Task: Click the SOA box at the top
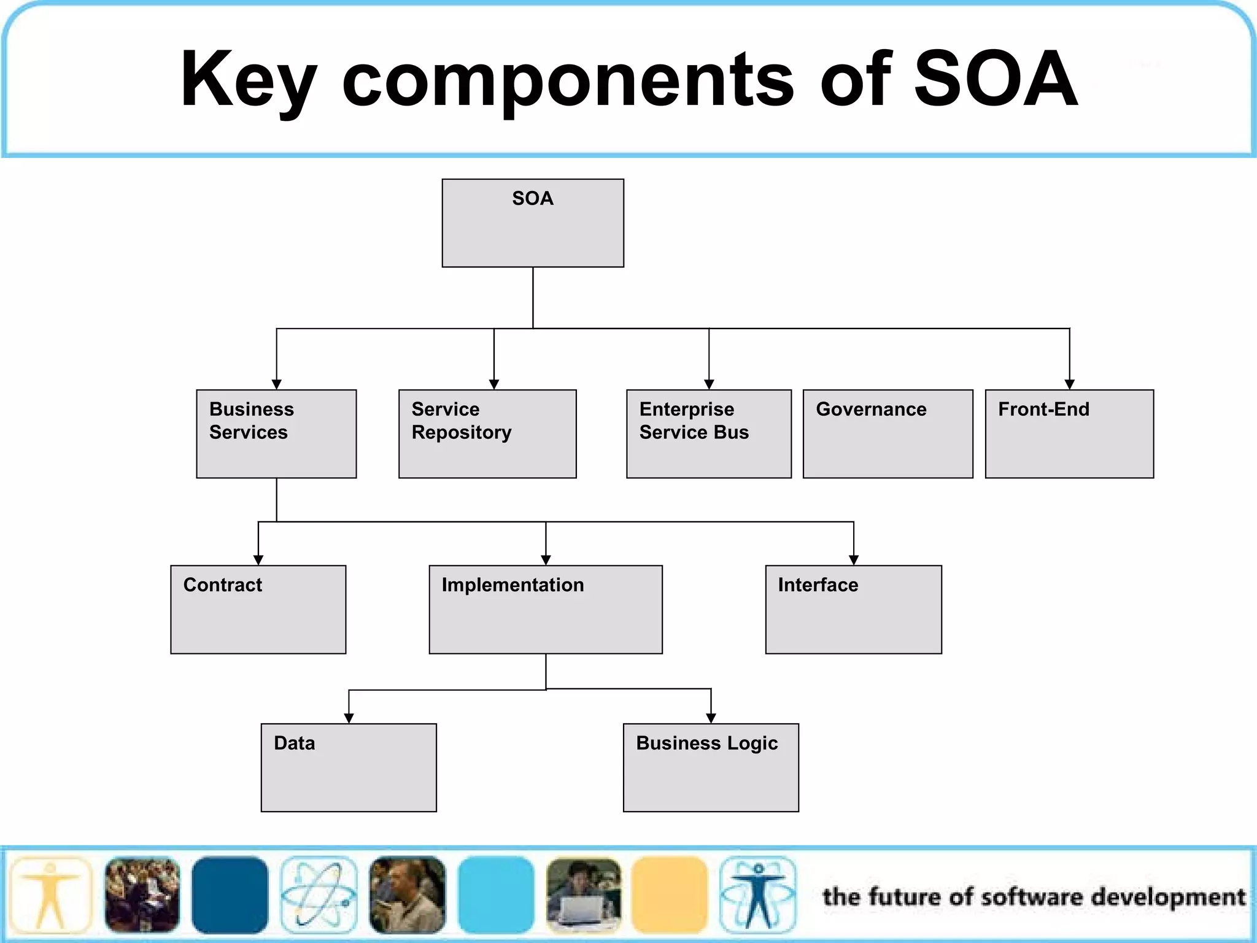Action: [533, 223]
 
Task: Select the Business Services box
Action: [276, 433]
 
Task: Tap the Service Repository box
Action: [487, 433]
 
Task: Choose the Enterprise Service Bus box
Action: [708, 433]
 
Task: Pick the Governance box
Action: [888, 433]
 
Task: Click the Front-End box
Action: [1069, 433]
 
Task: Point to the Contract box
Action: [258, 609]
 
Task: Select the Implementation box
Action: [546, 609]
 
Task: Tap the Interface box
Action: [853, 609]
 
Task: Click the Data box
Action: [349, 767]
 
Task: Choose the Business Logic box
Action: [711, 767]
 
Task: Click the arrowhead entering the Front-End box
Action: [1069, 384]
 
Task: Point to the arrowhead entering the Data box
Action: [349, 718]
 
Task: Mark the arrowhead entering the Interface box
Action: [853, 560]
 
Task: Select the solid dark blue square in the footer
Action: [230, 894]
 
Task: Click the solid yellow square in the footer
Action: [670, 894]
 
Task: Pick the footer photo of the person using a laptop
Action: [583, 894]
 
